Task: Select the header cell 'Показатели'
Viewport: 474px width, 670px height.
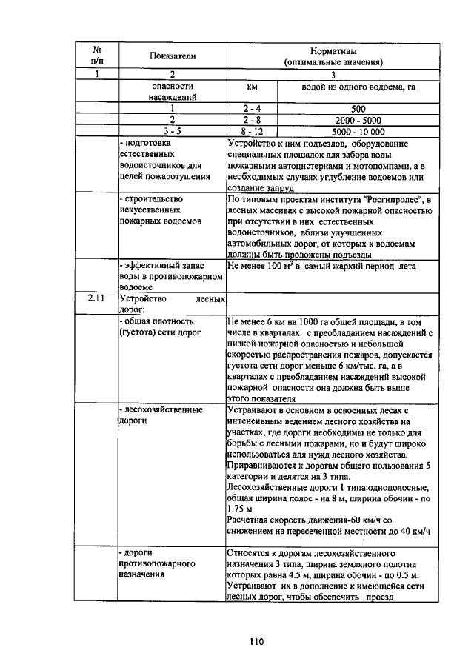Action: (172, 56)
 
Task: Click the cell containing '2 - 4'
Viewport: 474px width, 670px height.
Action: (251, 108)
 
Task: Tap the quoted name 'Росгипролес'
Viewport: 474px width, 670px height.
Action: (391, 199)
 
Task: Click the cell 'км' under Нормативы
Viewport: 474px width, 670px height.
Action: (251, 87)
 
